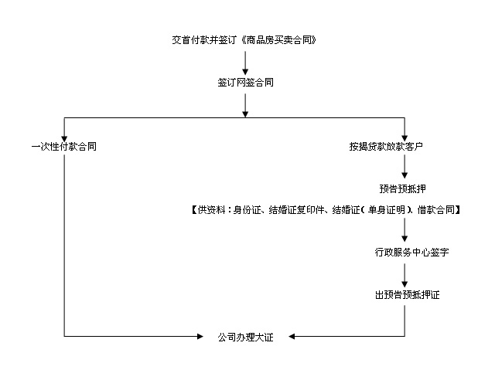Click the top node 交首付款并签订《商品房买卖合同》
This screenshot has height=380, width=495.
[x=244, y=39]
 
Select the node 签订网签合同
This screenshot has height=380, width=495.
[x=245, y=82]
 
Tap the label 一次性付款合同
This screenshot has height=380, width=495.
[x=63, y=146]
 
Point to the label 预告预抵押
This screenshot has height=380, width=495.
[x=404, y=188]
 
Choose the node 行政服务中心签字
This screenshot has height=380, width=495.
[x=404, y=252]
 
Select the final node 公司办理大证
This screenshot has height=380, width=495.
[x=245, y=337]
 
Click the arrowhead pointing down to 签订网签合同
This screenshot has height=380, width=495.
[x=245, y=70]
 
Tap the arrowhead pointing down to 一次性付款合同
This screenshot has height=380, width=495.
[x=63, y=135]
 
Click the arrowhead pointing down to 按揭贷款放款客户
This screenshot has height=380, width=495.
[x=404, y=135]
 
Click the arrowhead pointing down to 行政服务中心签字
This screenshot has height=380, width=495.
[x=404, y=240]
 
